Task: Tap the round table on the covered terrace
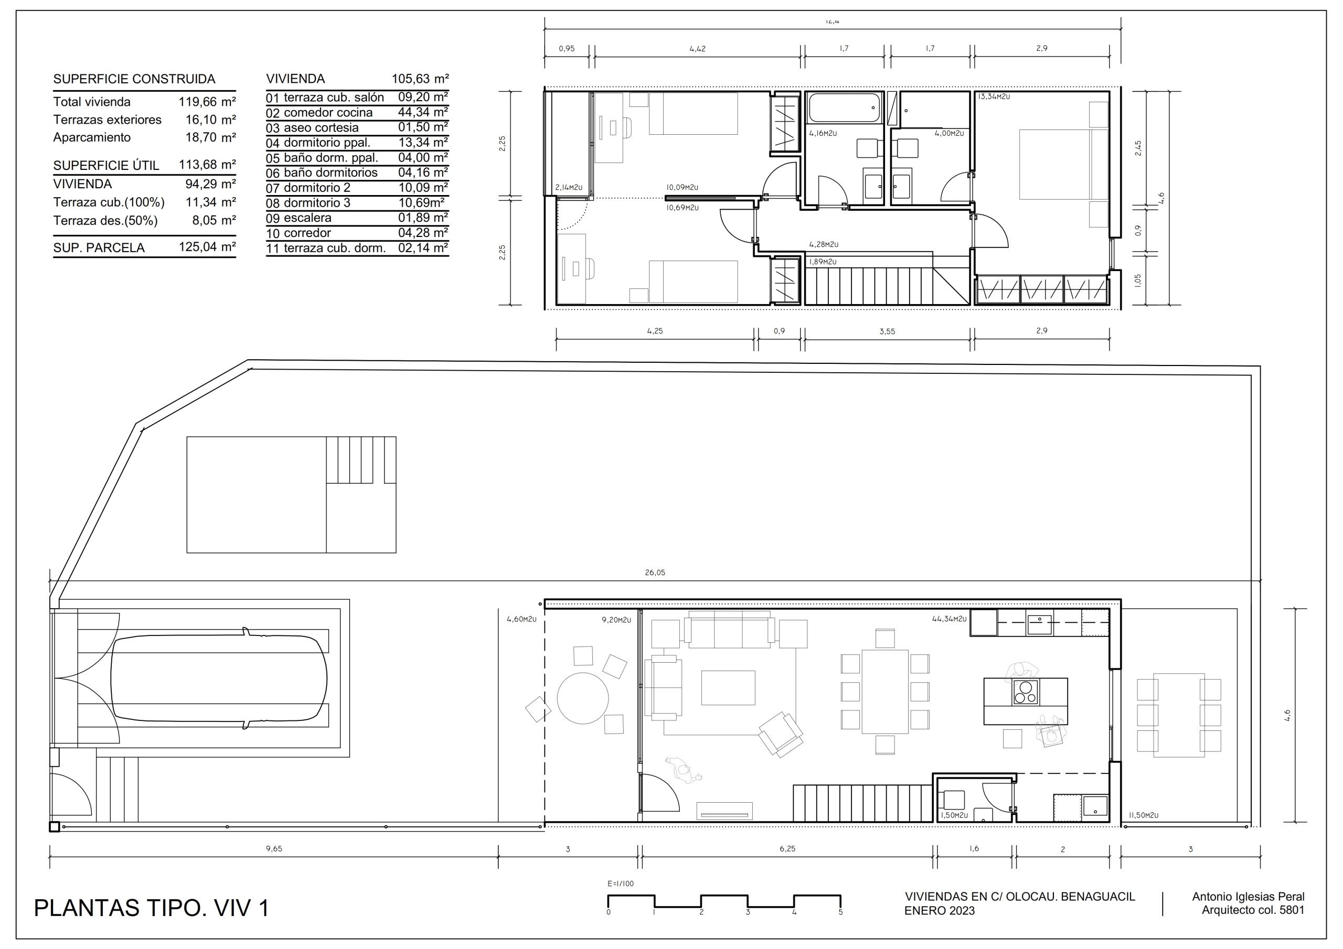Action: click(x=583, y=698)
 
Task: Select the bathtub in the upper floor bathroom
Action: click(x=844, y=108)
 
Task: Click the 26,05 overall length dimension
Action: click(x=655, y=573)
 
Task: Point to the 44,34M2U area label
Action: click(x=949, y=619)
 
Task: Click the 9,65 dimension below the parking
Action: click(x=274, y=848)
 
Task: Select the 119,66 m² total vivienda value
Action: click(x=207, y=102)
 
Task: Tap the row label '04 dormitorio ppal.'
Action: click(x=318, y=143)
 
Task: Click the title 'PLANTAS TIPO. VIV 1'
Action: click(x=152, y=908)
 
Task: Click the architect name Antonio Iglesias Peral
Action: click(x=1248, y=897)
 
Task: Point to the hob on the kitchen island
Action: click(x=1026, y=692)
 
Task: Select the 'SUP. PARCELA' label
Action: click(x=99, y=248)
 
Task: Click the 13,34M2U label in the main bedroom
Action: click(x=994, y=96)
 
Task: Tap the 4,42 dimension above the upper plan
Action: click(x=697, y=49)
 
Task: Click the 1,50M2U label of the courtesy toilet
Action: click(x=954, y=815)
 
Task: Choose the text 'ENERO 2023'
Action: click(x=940, y=911)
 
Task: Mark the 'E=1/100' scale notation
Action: click(x=621, y=883)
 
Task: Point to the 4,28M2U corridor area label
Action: click(x=824, y=244)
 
